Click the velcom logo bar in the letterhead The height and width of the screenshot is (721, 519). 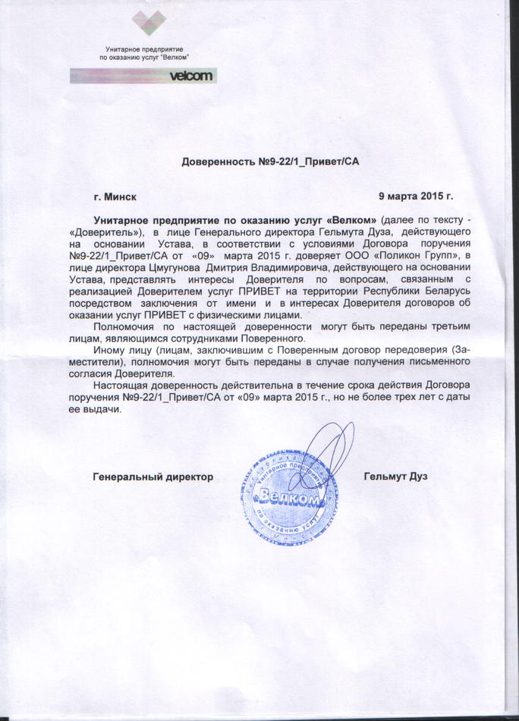(143, 75)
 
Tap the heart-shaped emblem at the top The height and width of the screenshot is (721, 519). (148, 22)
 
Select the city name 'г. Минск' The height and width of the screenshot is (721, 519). (115, 197)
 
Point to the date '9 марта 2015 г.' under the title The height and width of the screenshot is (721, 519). (415, 197)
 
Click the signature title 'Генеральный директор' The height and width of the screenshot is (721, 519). (153, 477)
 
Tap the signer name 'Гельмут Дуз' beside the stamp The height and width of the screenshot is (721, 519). (395, 477)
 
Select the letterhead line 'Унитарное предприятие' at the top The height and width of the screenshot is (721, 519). (144, 48)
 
